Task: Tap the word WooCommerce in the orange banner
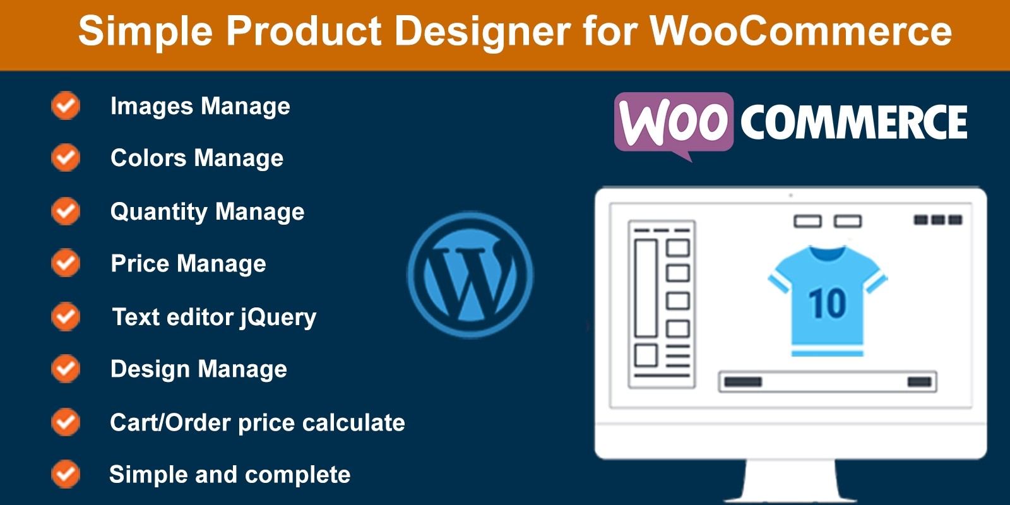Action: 801,31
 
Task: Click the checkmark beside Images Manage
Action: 66,105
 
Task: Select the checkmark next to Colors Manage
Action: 66,157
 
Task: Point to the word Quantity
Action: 158,212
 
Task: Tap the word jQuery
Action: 278,318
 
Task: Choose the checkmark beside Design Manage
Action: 66,369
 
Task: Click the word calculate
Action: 353,422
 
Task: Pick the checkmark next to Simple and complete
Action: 66,474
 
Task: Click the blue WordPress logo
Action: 470,275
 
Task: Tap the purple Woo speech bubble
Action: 674,124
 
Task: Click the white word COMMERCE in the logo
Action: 853,122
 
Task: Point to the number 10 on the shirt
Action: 828,303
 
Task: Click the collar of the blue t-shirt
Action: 828,253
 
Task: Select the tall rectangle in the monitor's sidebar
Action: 646,288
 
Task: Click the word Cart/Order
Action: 171,423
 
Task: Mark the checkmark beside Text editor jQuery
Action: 66,316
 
